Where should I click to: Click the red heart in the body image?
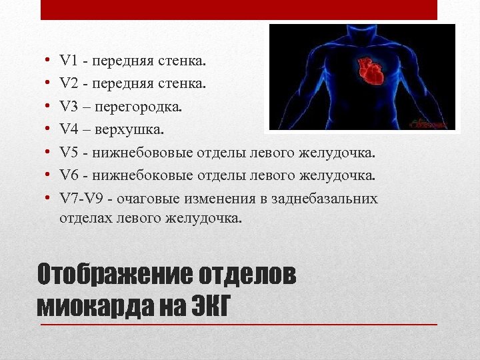[x=367, y=69]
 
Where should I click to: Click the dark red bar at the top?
[x=239, y=9]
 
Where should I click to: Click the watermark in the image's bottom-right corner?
[x=429, y=123]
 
